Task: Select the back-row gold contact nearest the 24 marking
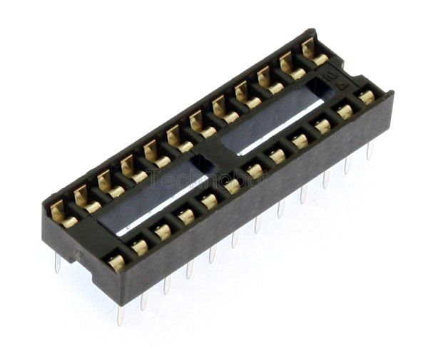(311, 52)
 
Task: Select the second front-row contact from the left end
(140, 247)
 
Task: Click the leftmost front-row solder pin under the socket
(120, 314)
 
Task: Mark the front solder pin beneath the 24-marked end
(370, 150)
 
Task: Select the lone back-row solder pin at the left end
(57, 262)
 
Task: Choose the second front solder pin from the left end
(143, 301)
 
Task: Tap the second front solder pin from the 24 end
(347, 165)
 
